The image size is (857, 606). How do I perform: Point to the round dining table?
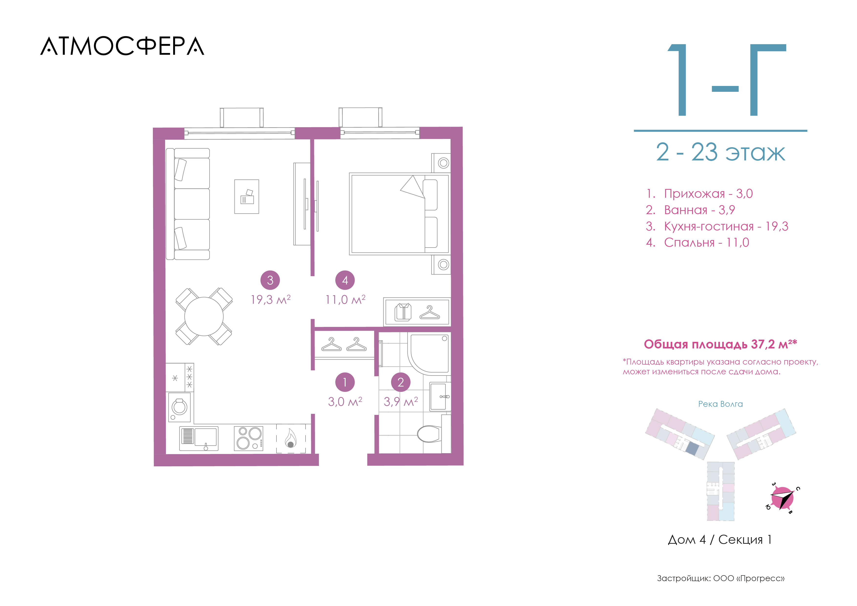point(204,316)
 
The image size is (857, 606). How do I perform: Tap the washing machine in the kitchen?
point(179,407)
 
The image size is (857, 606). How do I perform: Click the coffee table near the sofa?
point(246,197)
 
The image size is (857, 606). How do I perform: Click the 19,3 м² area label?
point(271,299)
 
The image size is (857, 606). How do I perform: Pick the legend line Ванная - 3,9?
point(690,210)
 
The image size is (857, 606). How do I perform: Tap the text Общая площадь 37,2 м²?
point(720,344)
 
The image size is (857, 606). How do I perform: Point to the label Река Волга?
point(720,404)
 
